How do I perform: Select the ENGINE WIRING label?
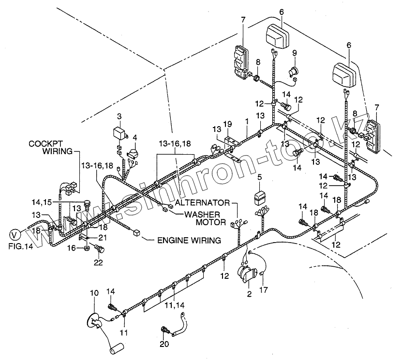click(188, 240)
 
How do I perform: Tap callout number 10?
click(94, 292)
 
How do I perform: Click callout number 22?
click(99, 262)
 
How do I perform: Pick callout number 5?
click(259, 177)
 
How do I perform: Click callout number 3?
click(119, 116)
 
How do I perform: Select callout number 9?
click(294, 53)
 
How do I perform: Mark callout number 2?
click(249, 293)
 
